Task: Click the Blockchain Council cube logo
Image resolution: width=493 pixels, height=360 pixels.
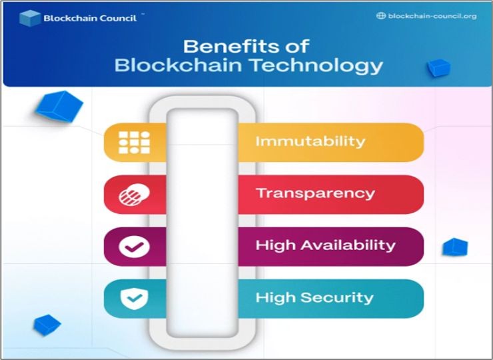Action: (x=30, y=18)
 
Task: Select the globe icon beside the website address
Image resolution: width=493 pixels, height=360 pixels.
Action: (x=381, y=16)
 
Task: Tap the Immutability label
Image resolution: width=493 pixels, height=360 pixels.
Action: (x=310, y=141)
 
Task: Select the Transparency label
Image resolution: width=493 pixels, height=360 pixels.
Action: (x=315, y=193)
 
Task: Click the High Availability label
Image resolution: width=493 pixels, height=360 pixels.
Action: (x=325, y=245)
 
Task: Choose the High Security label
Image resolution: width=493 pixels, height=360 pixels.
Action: (x=314, y=297)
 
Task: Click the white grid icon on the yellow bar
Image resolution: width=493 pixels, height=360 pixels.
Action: (x=134, y=142)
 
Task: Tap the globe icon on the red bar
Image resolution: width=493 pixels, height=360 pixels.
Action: (x=134, y=194)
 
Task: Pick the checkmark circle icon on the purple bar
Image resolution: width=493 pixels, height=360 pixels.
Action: (x=134, y=246)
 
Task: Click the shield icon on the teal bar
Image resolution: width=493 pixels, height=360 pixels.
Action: (x=134, y=298)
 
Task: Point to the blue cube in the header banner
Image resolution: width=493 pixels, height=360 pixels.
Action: (x=438, y=67)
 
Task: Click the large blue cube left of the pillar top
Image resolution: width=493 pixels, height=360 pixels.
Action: (x=59, y=105)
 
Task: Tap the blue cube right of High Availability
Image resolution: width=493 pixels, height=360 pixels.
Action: (x=455, y=247)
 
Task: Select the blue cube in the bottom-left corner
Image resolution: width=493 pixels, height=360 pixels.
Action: (x=47, y=325)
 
